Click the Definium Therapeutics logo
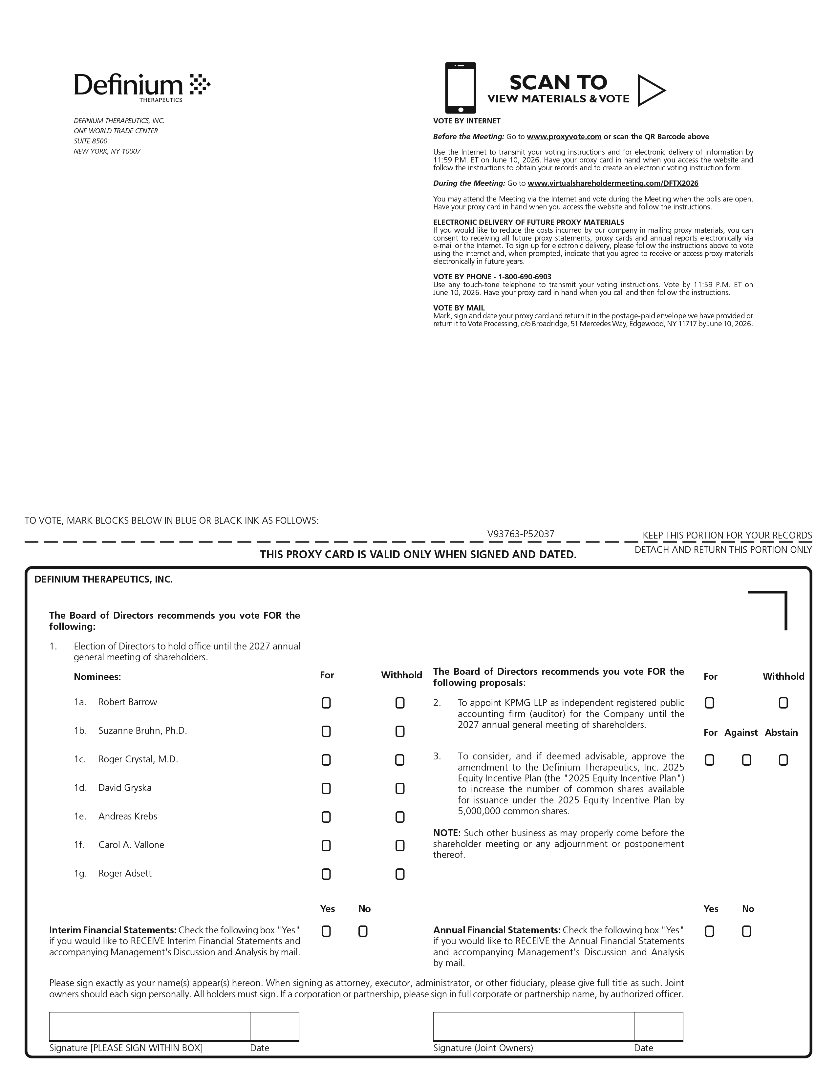point(142,87)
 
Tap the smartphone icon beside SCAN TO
point(460,88)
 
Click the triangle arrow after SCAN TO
point(650,90)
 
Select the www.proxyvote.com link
point(564,137)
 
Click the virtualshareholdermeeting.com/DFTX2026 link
point(612,183)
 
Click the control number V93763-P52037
point(520,534)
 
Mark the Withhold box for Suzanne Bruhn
point(400,732)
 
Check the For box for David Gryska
point(326,788)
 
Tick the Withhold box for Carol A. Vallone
point(400,845)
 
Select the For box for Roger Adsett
point(326,874)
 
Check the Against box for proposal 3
point(746,760)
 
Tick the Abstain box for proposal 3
point(783,760)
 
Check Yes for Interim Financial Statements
point(326,931)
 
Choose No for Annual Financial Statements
point(746,931)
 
